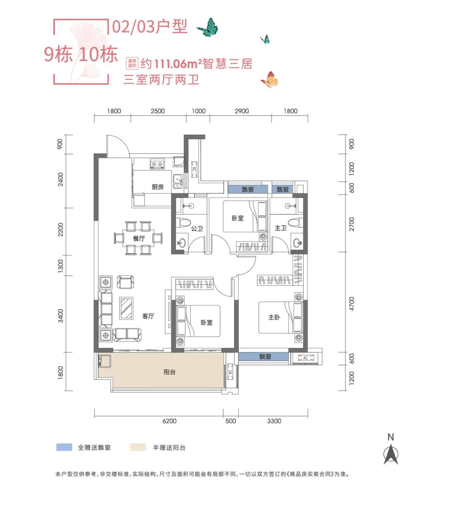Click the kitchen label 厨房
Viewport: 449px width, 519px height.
click(x=158, y=187)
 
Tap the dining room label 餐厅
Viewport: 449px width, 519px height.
click(x=139, y=239)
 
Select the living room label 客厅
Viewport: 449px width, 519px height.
click(x=148, y=316)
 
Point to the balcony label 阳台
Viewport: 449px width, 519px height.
click(x=169, y=372)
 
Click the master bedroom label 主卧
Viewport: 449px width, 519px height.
click(x=274, y=317)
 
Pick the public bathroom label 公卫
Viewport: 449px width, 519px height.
click(x=197, y=229)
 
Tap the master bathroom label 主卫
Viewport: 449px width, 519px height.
click(x=281, y=228)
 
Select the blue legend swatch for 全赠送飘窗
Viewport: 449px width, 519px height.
click(x=64, y=447)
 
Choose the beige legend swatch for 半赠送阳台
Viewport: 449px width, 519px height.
click(x=138, y=447)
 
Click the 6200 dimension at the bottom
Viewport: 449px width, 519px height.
click(x=169, y=421)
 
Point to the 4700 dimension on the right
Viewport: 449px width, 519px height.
click(x=352, y=304)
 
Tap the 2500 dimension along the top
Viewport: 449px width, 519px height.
click(x=158, y=111)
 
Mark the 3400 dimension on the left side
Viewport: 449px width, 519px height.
click(x=61, y=316)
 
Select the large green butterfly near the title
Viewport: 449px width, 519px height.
click(x=208, y=27)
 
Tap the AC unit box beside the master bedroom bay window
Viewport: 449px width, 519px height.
click(x=305, y=358)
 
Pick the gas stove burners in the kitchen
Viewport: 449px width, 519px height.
click(x=157, y=165)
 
